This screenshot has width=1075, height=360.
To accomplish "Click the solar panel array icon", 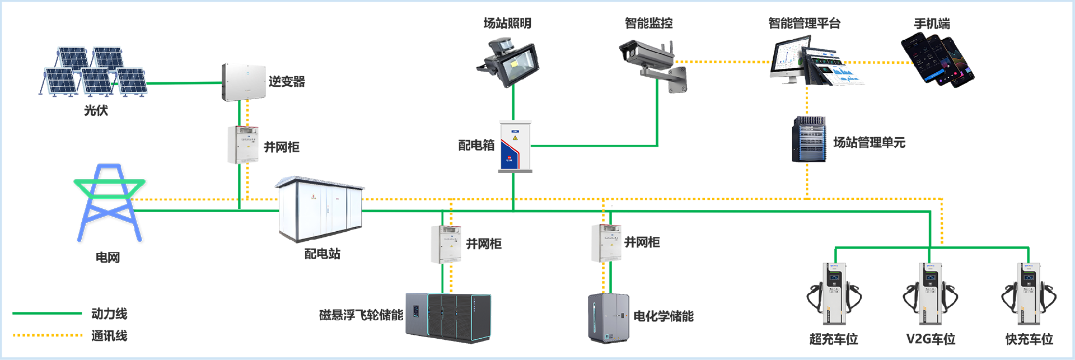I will coord(94,72).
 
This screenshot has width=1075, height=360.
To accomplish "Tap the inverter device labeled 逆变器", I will coord(244,82).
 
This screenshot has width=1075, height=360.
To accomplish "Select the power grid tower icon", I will coord(109,203).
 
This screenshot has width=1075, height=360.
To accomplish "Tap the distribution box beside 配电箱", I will coord(515,146).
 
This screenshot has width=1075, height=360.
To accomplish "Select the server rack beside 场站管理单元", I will coord(809,139).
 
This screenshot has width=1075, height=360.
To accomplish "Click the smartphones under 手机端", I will coord(937,59).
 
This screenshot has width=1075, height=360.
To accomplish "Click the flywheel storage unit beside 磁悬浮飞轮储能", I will coord(448,316).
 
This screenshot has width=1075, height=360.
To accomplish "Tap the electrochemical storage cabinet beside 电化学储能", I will coord(609,318).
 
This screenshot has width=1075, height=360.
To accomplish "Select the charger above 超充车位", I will coord(834,294).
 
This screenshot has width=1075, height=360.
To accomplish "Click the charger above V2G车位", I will coord(931,294).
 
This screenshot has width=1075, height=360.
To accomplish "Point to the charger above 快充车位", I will coord(1029,294).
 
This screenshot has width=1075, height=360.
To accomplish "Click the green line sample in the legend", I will coord(47,314).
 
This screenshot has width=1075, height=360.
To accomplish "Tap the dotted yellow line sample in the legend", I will coord(47,335).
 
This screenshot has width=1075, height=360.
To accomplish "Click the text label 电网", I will coord(107,258).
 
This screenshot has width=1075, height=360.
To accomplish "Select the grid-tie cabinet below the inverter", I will coord(243,145).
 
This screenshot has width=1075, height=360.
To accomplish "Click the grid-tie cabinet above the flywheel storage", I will coord(446,244).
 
